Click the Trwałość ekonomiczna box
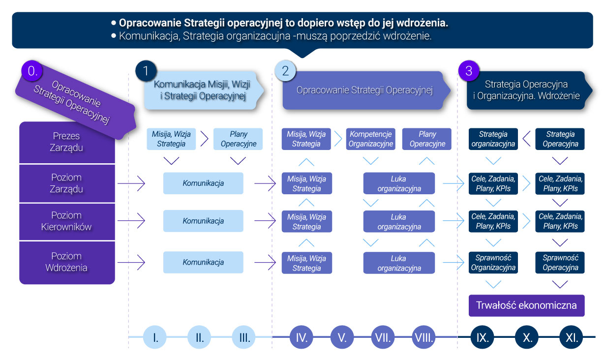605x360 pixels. click(x=526, y=305)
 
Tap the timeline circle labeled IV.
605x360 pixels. click(x=302, y=337)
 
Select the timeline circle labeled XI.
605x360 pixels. click(x=572, y=337)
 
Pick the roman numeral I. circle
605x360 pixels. click(x=155, y=337)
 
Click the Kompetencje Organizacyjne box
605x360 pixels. click(x=370, y=139)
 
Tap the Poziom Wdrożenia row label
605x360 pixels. click(x=66, y=262)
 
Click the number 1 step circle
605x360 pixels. click(x=146, y=71)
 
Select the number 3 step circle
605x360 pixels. click(x=468, y=71)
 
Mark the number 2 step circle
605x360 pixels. click(x=285, y=71)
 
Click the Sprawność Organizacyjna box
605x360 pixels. click(x=493, y=263)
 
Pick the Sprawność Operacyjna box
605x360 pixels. click(x=560, y=263)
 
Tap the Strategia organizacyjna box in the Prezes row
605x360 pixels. click(x=493, y=139)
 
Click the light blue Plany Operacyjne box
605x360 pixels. click(x=238, y=139)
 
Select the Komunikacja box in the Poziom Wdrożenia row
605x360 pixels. click(x=203, y=262)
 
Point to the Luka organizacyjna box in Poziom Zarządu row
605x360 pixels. click(x=398, y=183)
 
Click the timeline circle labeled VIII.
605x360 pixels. click(x=423, y=337)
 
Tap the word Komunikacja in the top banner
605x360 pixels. click(x=143, y=36)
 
